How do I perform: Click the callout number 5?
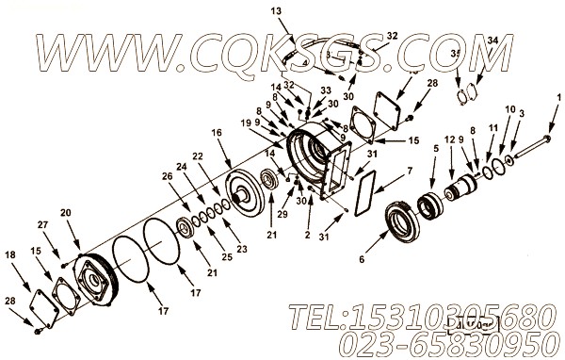pos(436,148)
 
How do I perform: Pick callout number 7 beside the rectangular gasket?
pos(409,172)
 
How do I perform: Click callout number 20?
pos(65,213)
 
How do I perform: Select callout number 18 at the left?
pos(9,254)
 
